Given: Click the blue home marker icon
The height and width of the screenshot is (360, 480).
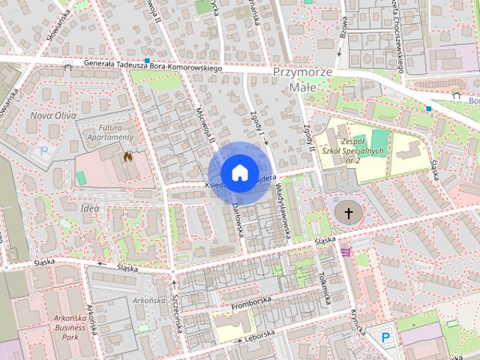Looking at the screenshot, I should pyautogui.click(x=239, y=172).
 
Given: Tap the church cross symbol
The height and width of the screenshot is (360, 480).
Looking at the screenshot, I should pyautogui.click(x=348, y=213).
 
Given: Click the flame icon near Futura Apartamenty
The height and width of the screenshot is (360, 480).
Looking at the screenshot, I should pyautogui.click(x=127, y=157).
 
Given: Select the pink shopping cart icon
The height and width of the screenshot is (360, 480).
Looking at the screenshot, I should pyautogui.click(x=345, y=252).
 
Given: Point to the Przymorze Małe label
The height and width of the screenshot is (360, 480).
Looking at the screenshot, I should pyautogui.click(x=303, y=79).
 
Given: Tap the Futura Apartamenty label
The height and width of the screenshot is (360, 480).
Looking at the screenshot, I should pyautogui.click(x=110, y=133).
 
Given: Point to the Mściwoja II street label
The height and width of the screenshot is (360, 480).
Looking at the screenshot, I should pyautogui.click(x=205, y=124).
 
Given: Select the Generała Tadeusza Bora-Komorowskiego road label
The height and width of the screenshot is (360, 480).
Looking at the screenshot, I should pyautogui.click(x=154, y=67).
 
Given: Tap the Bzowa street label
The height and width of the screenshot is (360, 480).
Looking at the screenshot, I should pyautogui.click(x=343, y=27).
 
